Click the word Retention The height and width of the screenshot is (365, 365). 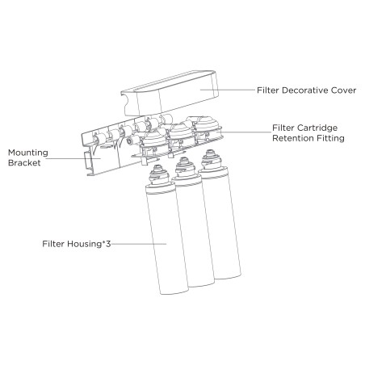[291, 138]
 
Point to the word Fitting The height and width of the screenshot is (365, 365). [329, 138]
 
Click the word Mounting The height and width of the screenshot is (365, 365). [28, 153]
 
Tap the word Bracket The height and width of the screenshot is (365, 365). [24, 163]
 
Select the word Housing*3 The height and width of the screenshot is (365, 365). [89, 244]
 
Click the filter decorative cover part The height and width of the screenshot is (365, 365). [169, 94]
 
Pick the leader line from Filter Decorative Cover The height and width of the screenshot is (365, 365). [228, 90]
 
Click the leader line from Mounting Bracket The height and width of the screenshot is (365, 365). [73, 158]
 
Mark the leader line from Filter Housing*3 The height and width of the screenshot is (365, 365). [139, 244]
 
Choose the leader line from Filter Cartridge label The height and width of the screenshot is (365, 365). [244, 132]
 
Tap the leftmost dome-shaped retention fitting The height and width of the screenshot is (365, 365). [155, 140]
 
